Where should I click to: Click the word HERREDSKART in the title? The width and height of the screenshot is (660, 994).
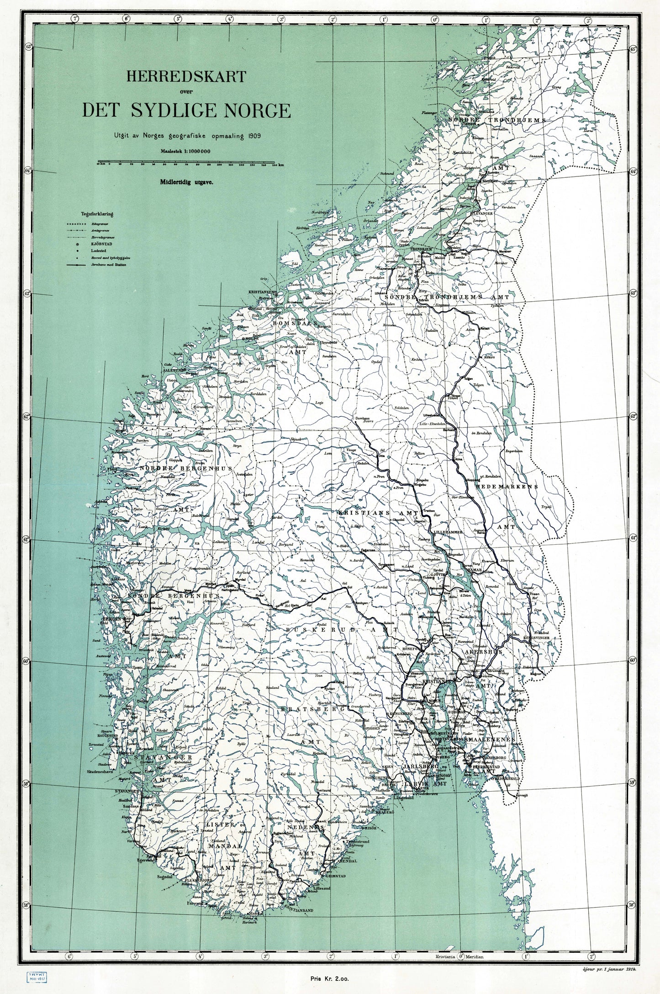point(186,76)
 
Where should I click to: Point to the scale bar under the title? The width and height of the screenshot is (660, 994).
point(185,162)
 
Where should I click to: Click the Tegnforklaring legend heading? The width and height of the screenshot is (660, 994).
point(97,213)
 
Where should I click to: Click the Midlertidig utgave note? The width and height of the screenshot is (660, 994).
point(186,181)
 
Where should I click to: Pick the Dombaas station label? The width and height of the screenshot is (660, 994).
point(363,419)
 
